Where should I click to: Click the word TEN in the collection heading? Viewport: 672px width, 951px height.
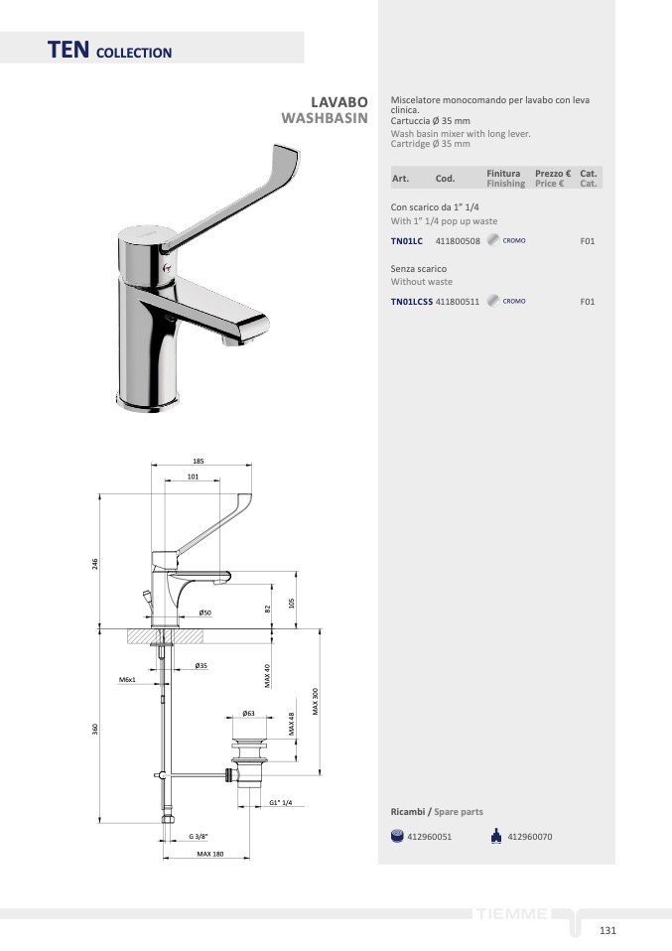tap(68, 50)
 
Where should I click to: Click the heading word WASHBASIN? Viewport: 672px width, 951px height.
tap(325, 118)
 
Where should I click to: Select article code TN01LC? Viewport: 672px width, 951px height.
tap(406, 241)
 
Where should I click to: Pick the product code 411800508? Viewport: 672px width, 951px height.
tap(458, 241)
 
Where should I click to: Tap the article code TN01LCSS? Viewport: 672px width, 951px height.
tap(412, 302)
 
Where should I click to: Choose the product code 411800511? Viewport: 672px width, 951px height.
tap(458, 302)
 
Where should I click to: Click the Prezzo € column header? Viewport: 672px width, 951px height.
tap(553, 174)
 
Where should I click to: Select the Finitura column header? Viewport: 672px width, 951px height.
tap(503, 174)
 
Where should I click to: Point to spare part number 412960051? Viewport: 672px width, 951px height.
tap(430, 837)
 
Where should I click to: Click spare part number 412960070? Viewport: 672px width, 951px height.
tap(529, 837)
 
